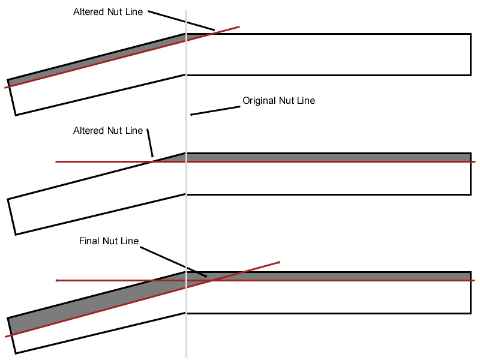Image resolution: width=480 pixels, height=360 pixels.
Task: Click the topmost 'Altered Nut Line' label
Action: [108, 12]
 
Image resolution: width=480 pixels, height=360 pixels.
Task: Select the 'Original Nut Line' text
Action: [278, 101]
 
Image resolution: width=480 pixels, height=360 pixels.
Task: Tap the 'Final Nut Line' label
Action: [109, 241]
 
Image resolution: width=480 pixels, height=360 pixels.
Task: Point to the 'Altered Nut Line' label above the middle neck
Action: [108, 131]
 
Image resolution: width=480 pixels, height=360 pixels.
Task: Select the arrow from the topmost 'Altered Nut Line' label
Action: [180, 20]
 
